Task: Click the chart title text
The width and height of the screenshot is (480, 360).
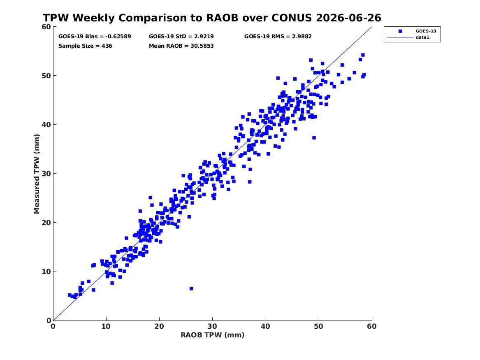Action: coord(212,18)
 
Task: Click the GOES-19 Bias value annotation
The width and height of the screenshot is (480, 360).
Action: coord(95,37)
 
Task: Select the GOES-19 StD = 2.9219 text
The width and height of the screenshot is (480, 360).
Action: coord(181,37)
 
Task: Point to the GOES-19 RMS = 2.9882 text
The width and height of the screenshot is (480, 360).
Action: coord(278,37)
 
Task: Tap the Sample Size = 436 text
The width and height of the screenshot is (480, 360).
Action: coord(85,46)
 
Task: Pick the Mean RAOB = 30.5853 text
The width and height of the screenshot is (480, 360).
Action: coord(181,46)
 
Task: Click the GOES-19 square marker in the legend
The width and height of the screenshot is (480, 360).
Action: coord(400,31)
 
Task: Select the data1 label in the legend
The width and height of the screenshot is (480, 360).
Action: coord(422,37)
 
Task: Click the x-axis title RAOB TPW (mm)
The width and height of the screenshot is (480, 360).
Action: coord(213,335)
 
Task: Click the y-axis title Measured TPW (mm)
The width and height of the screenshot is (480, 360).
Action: coord(37,174)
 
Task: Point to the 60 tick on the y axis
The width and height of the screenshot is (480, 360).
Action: coord(46,27)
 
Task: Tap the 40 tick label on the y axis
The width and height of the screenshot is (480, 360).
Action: coord(46,125)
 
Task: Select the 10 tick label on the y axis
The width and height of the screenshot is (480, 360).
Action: coord(46,272)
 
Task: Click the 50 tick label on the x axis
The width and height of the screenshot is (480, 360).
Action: coord(319,326)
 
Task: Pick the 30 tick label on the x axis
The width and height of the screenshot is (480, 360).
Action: coord(213,326)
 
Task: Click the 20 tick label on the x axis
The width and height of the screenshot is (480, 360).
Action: coord(159,326)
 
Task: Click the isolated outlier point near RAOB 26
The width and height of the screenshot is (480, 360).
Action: coord(191,289)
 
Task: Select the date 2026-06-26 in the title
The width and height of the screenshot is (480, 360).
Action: coord(349,18)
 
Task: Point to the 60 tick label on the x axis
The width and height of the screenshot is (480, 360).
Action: coord(372,326)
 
